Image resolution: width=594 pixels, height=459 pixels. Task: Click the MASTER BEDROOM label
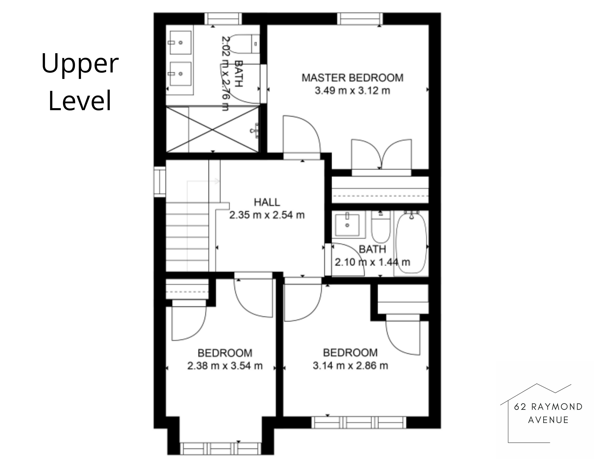353,78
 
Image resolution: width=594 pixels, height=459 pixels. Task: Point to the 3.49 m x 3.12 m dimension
353,90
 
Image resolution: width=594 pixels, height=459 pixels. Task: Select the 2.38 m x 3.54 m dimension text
225,366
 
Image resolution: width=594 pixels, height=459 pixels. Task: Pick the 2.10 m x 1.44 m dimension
372,262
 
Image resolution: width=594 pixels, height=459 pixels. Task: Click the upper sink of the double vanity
180,42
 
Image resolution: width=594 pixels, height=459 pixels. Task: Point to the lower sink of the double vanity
180,74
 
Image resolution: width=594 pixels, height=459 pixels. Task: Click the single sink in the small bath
347,225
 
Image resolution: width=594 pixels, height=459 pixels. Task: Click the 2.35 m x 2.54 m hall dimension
267,215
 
